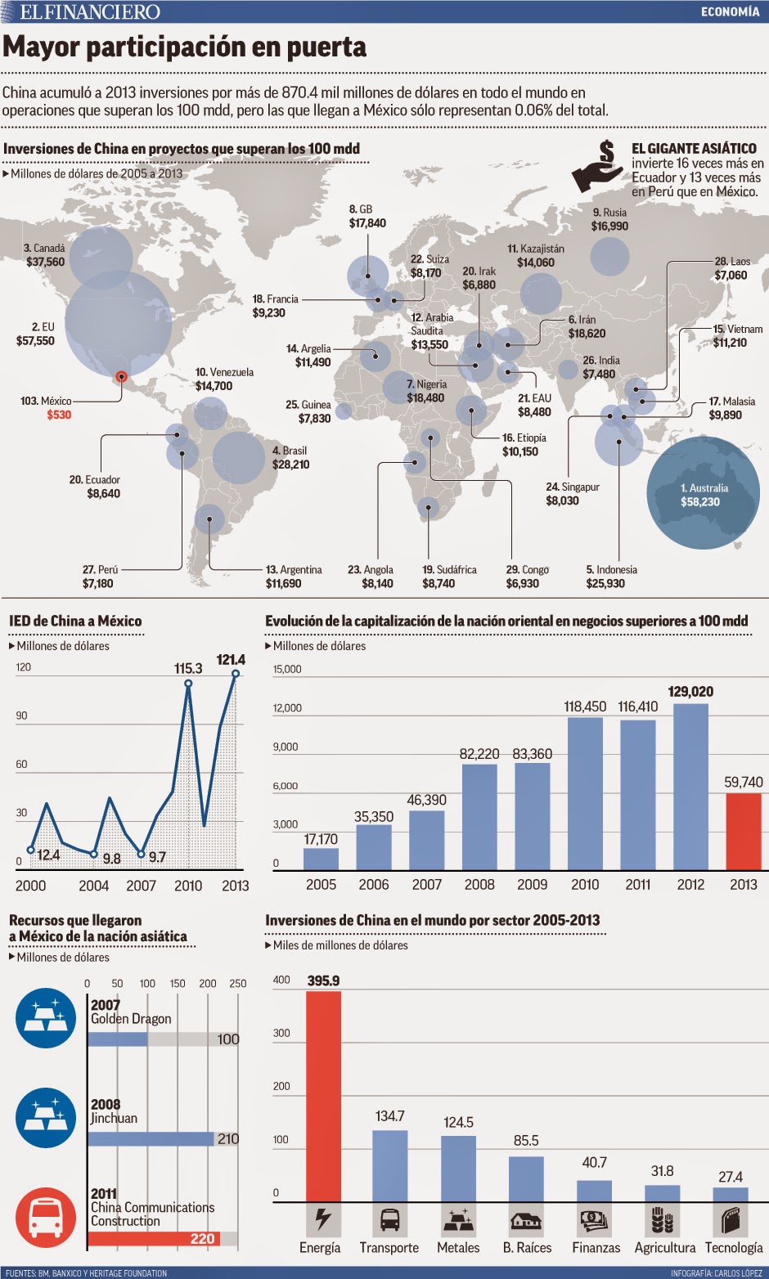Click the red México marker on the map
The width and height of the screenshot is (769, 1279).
(121, 376)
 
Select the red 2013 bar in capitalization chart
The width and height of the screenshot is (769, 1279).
(743, 831)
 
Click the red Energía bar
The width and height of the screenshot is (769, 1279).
(323, 1096)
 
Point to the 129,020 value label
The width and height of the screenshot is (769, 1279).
(690, 692)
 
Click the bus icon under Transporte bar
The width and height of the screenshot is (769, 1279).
(389, 1220)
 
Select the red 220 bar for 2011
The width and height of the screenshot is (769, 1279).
(154, 1238)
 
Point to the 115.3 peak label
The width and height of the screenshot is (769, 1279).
(188, 669)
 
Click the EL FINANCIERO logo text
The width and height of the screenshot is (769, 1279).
(90, 11)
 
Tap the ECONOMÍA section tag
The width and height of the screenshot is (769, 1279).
(730, 11)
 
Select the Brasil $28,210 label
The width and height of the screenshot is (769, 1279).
(290, 458)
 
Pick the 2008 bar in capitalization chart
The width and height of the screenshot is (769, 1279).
(479, 816)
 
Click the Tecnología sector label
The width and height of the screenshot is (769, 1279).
(733, 1248)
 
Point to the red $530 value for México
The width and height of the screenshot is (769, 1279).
(59, 415)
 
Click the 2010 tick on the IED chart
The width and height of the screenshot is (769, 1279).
(188, 886)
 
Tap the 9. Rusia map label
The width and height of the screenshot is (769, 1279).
(609, 219)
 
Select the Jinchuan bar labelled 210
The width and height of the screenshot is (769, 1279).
(151, 1138)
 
